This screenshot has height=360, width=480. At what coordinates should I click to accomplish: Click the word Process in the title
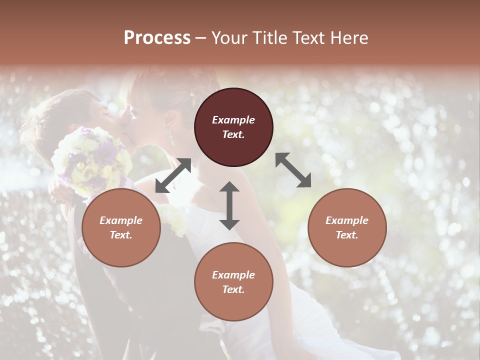157,38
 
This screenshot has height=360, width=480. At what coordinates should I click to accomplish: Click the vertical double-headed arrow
229,206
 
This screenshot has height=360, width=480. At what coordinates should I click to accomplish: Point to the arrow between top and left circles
173,175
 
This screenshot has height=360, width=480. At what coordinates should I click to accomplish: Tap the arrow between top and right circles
293,170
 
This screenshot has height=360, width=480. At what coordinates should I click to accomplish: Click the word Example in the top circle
233,120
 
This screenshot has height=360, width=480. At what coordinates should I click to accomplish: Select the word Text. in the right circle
347,235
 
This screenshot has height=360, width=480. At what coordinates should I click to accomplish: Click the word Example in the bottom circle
233,275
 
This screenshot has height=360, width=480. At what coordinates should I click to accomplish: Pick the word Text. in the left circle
121,235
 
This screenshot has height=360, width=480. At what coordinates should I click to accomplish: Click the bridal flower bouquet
92,160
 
